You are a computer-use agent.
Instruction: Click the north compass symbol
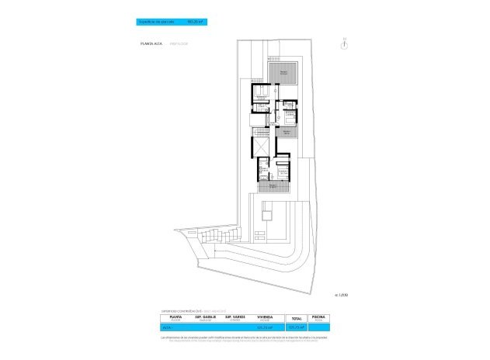pyautogui.click(x=343, y=43)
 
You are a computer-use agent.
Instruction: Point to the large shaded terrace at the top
pyautogui.click(x=283, y=71)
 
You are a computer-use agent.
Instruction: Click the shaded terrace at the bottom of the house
pyautogui.click(x=274, y=186)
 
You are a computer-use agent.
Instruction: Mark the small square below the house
pyautogui.click(x=268, y=213)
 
